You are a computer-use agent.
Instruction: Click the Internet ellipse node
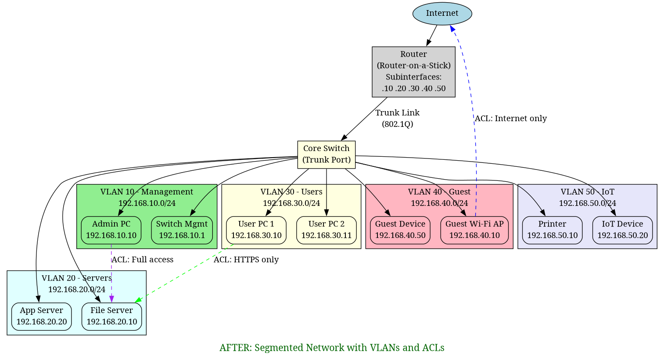coord(442,14)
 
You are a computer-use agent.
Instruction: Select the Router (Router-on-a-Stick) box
coord(413,72)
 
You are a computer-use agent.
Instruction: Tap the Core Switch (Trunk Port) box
coord(326,155)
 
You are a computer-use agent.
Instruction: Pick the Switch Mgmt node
coord(182,230)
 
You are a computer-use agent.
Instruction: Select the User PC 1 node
coord(256,230)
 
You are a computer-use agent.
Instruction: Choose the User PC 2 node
coord(326,230)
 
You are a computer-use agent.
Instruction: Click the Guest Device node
coord(400,230)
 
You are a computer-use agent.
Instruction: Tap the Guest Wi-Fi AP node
coord(474,230)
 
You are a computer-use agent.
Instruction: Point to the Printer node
coord(552,230)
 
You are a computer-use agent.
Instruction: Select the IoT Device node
coord(622,230)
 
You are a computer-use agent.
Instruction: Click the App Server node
coord(41,316)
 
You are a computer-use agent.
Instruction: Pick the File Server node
coord(111,316)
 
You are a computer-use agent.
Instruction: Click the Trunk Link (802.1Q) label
coord(397,119)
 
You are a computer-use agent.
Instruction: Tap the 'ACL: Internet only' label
coord(510,119)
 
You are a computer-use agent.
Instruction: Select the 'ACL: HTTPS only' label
coord(246,259)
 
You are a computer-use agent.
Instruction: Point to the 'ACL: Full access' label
coord(142,259)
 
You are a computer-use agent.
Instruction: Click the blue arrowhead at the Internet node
coord(452,29)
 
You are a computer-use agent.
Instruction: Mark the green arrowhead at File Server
coord(137,300)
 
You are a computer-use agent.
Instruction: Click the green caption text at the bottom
coord(332,348)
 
